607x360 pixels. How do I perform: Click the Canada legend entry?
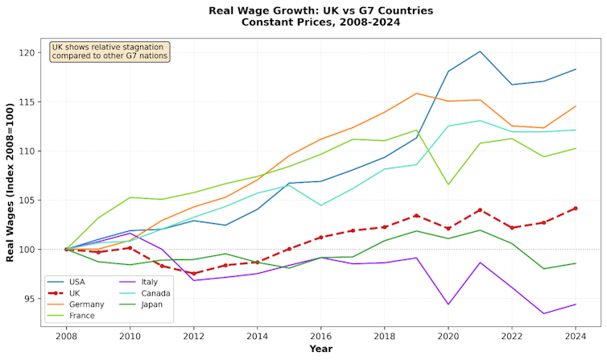[x=155, y=293]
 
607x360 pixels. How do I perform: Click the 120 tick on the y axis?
[x=28, y=52]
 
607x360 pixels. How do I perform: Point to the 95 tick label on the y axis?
[x=31, y=299]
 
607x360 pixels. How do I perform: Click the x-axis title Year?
[x=320, y=350]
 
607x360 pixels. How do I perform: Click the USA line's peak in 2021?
[x=480, y=52]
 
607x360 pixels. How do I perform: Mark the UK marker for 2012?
[x=193, y=274]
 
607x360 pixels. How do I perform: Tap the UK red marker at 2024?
[x=576, y=208]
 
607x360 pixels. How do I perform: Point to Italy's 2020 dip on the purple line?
[x=448, y=304]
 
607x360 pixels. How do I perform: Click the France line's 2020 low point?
[x=448, y=184]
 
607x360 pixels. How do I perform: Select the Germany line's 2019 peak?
[x=416, y=93]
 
